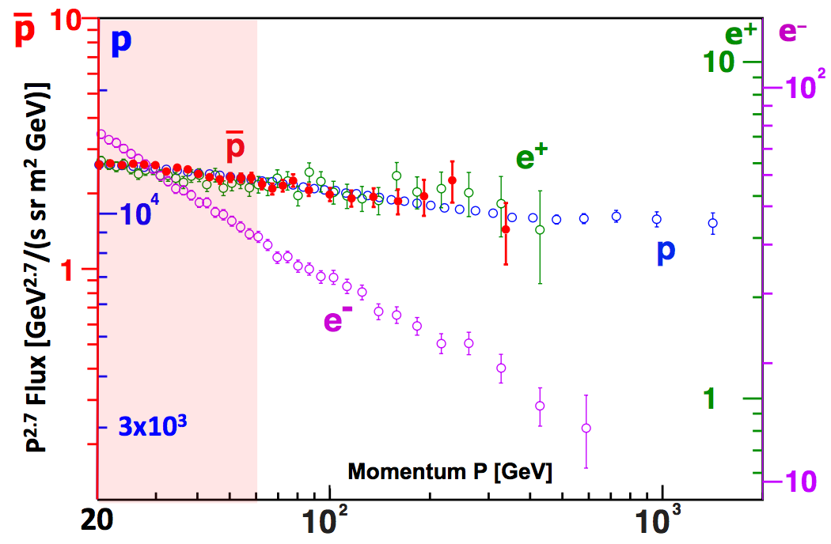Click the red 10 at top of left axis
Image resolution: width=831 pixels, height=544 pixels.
pyautogui.click(x=72, y=21)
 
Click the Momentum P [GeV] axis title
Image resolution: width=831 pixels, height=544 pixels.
pyautogui.click(x=450, y=472)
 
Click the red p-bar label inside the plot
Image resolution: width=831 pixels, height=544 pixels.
pyautogui.click(x=235, y=147)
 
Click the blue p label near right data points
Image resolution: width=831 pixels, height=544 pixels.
pyautogui.click(x=666, y=251)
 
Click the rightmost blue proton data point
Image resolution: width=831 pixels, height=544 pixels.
pyautogui.click(x=713, y=223)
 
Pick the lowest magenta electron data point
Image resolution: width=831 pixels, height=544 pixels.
pyautogui.click(x=586, y=428)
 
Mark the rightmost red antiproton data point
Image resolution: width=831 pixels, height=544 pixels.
pyautogui.click(x=506, y=229)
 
